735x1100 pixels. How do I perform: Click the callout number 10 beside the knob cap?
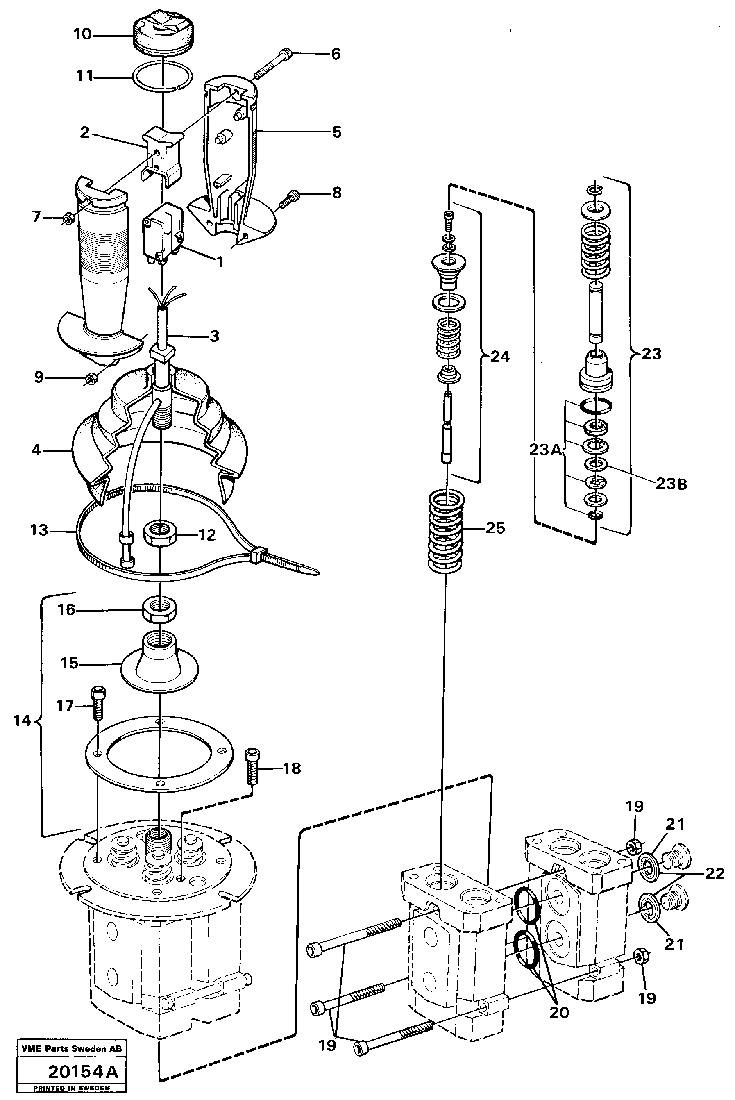point(82,34)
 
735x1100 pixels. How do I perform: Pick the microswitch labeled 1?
point(163,231)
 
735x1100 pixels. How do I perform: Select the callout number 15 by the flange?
point(69,663)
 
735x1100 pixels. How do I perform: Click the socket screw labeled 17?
point(98,702)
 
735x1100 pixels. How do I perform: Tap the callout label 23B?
point(671,484)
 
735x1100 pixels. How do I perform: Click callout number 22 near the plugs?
point(715,873)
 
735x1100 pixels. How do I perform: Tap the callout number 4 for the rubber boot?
point(36,450)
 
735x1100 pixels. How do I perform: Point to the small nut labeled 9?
point(92,377)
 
